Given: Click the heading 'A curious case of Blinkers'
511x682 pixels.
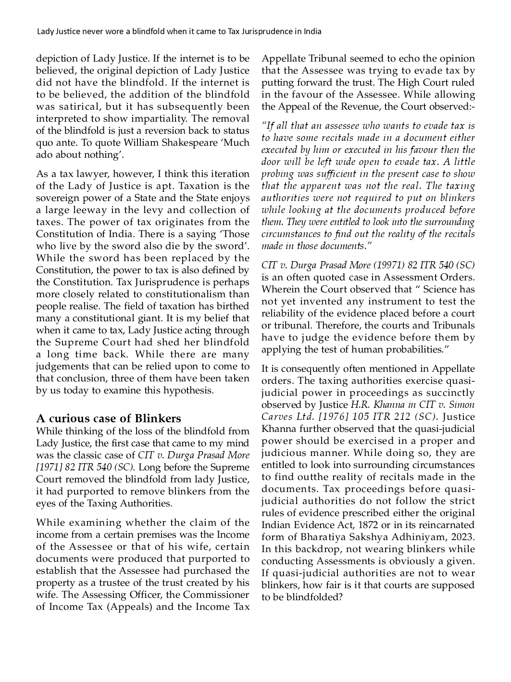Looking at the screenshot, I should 109,418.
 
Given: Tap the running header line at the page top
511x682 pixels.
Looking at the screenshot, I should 179,32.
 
